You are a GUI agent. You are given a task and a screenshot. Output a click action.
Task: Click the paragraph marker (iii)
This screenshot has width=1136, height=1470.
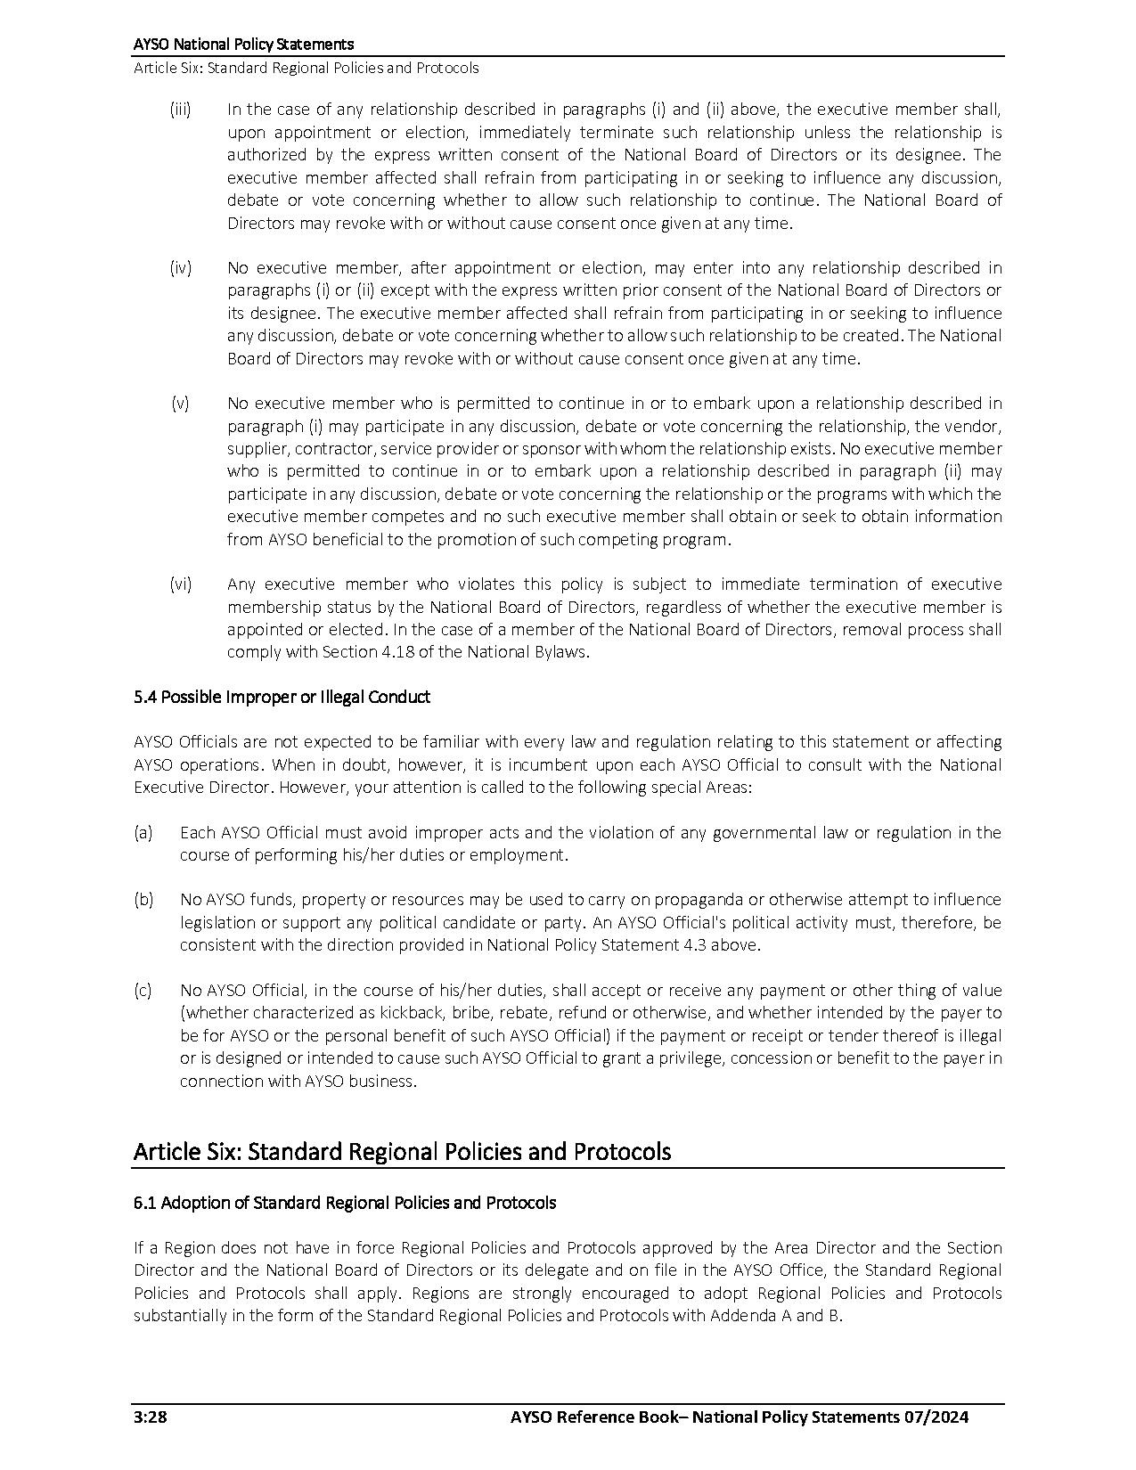(x=180, y=110)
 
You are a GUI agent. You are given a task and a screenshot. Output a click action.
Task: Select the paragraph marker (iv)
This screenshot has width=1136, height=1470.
(x=181, y=267)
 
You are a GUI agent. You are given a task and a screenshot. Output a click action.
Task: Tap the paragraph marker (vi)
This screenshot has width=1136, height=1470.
(x=181, y=584)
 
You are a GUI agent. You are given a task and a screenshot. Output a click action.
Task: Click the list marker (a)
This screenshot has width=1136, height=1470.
(x=143, y=832)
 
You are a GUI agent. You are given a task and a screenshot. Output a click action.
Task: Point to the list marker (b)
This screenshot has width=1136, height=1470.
(x=143, y=899)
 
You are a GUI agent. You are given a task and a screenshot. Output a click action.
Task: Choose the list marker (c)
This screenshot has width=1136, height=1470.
(x=143, y=990)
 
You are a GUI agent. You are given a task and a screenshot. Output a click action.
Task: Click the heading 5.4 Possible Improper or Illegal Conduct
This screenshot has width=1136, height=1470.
(x=282, y=697)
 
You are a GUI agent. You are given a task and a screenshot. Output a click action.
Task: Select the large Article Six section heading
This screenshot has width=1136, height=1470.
(x=402, y=1151)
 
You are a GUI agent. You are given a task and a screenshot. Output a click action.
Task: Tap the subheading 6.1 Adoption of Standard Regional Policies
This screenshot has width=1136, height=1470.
(x=345, y=1203)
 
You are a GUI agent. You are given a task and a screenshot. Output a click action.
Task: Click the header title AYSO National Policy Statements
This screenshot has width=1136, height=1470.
(x=243, y=44)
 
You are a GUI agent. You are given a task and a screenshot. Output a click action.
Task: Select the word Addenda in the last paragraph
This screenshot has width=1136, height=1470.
(x=744, y=1315)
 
